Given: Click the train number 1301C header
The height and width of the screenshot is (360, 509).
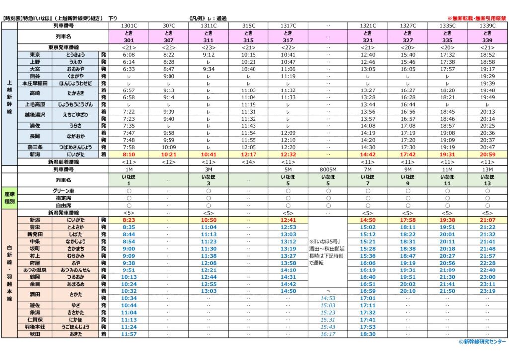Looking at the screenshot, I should coord(128,26).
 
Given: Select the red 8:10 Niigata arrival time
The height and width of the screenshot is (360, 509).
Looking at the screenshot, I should coord(128,155).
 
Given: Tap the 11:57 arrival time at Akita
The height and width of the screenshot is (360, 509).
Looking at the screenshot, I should coord(128,334).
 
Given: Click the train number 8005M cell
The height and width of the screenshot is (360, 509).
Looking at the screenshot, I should coord(328,169).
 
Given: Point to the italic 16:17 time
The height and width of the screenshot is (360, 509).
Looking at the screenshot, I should coord(328,334).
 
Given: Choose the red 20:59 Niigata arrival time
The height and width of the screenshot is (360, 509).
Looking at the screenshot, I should coord(488,155).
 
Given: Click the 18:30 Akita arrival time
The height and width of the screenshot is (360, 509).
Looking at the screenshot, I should coord(368,334).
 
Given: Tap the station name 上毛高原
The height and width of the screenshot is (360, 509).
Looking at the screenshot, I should coord(35,105).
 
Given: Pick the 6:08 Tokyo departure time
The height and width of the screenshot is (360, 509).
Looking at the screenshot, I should coord(128,55).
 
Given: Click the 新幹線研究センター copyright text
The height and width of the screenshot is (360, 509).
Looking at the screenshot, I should coord(482,342).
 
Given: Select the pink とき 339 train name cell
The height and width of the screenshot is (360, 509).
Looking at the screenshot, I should coord(488,36).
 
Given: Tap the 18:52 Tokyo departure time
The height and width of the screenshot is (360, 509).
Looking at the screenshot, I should coord(488,55).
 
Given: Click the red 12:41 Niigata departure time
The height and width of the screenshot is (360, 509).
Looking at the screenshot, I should coord(288,220).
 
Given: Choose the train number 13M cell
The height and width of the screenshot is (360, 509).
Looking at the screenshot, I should coord(488,169).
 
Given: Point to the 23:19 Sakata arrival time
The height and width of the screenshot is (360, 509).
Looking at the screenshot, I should coord(488,291).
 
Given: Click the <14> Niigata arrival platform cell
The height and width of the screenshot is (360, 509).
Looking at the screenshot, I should coord(248,162).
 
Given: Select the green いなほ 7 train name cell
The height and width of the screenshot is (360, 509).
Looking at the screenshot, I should coord(368,180).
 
